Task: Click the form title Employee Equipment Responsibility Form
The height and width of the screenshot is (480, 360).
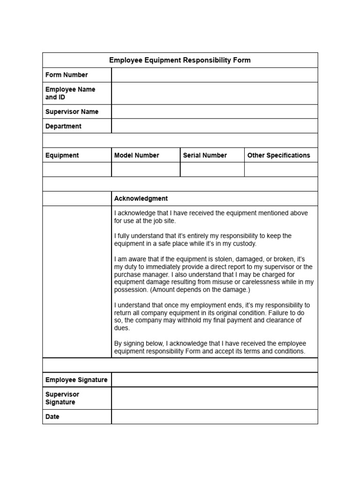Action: click(180, 60)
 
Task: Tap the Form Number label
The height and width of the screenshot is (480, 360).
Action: click(67, 75)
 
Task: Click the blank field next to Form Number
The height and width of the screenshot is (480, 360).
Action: click(214, 75)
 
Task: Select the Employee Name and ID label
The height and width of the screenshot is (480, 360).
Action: click(70, 93)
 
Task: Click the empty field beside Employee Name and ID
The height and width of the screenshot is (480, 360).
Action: click(214, 93)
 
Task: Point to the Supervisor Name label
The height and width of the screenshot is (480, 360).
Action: click(72, 112)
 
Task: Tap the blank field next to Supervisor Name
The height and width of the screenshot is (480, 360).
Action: click(214, 112)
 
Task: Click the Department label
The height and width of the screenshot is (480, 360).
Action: click(63, 126)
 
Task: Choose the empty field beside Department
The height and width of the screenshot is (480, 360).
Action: click(214, 126)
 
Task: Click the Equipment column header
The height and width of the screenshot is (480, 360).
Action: click(62, 155)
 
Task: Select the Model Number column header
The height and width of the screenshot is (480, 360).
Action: click(136, 155)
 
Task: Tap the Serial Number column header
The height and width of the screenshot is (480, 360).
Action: click(205, 155)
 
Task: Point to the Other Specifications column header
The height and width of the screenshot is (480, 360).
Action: click(278, 155)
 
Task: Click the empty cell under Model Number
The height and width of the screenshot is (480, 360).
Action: click(145, 169)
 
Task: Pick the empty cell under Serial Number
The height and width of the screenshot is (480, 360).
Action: click(212, 169)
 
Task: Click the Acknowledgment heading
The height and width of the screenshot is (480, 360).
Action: click(141, 198)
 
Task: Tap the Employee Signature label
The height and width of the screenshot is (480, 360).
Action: click(76, 380)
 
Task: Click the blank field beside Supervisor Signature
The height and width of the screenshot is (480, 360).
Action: click(214, 398)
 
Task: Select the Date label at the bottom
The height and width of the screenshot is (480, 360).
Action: click(52, 417)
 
